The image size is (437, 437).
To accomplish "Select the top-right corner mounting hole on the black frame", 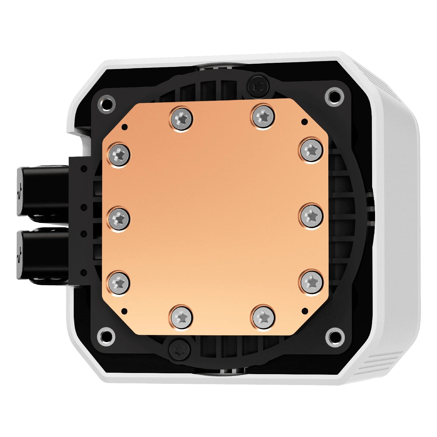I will [334, 95].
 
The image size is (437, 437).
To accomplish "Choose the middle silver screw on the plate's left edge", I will [119, 218].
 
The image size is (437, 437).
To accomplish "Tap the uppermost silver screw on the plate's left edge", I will [119, 154].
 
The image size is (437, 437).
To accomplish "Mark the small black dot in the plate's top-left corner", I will [126, 127].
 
